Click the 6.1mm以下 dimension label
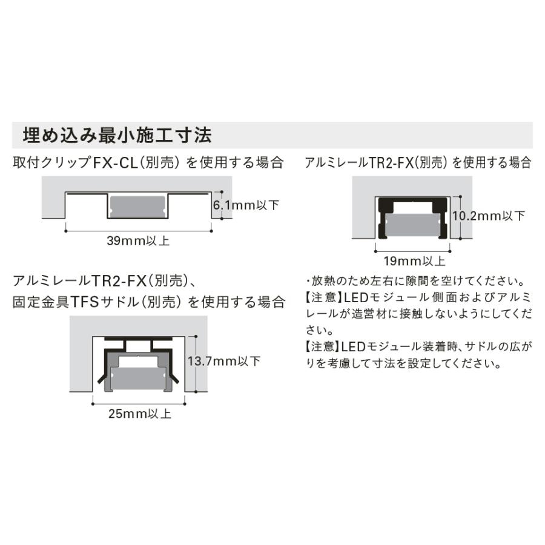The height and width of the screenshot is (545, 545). click(x=246, y=205)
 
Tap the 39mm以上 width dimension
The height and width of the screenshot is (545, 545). click(x=138, y=241)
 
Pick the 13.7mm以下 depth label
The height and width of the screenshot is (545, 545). click(x=224, y=362)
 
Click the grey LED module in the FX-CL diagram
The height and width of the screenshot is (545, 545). click(x=138, y=206)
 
